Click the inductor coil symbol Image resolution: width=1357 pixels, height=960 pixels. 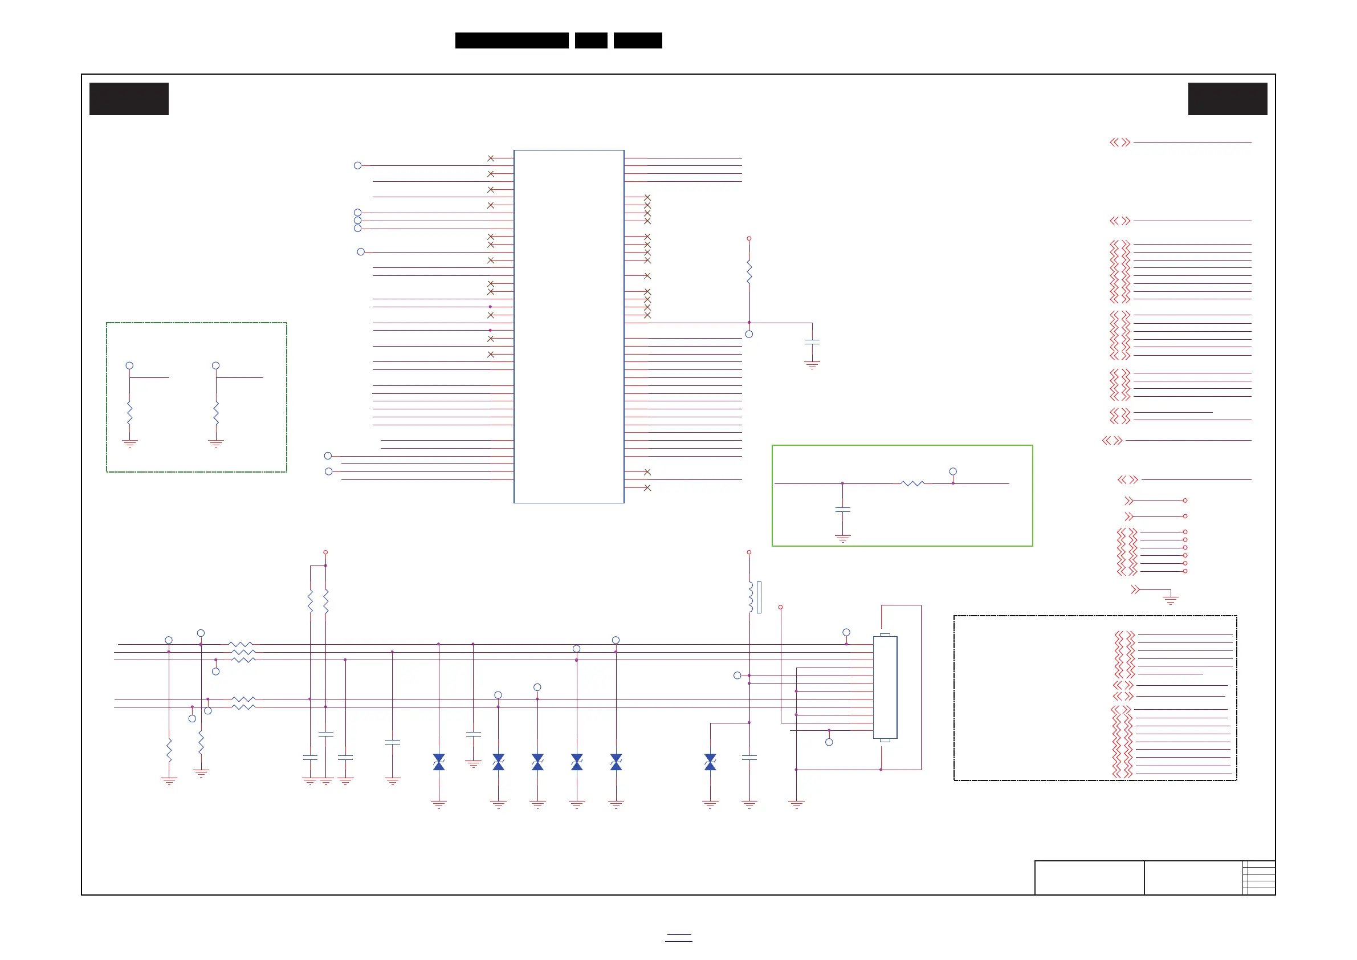click(751, 597)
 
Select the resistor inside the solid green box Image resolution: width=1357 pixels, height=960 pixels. click(912, 483)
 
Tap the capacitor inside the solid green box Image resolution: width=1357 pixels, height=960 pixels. click(843, 509)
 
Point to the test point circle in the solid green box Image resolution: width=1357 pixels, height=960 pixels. click(953, 471)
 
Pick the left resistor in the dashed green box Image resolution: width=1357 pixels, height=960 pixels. click(129, 413)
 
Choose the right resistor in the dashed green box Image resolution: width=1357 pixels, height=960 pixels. click(217, 413)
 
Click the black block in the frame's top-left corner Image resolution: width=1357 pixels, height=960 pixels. click(129, 99)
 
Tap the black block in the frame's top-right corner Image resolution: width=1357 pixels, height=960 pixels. click(1228, 99)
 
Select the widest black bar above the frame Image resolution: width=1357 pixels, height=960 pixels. click(512, 40)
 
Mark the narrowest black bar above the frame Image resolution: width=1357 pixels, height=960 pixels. click(591, 40)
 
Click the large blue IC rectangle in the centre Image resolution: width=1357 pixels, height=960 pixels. click(569, 326)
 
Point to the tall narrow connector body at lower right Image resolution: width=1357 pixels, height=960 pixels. click(885, 688)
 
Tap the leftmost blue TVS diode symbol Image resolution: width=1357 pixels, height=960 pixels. click(438, 762)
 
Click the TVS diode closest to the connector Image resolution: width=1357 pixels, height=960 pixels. click(710, 762)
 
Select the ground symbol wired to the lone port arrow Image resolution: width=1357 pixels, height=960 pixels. click(1170, 600)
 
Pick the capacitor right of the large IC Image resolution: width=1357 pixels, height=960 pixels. click(812, 342)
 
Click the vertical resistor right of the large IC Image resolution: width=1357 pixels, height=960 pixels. click(749, 272)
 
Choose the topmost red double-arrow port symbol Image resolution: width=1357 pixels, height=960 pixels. click(1120, 143)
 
